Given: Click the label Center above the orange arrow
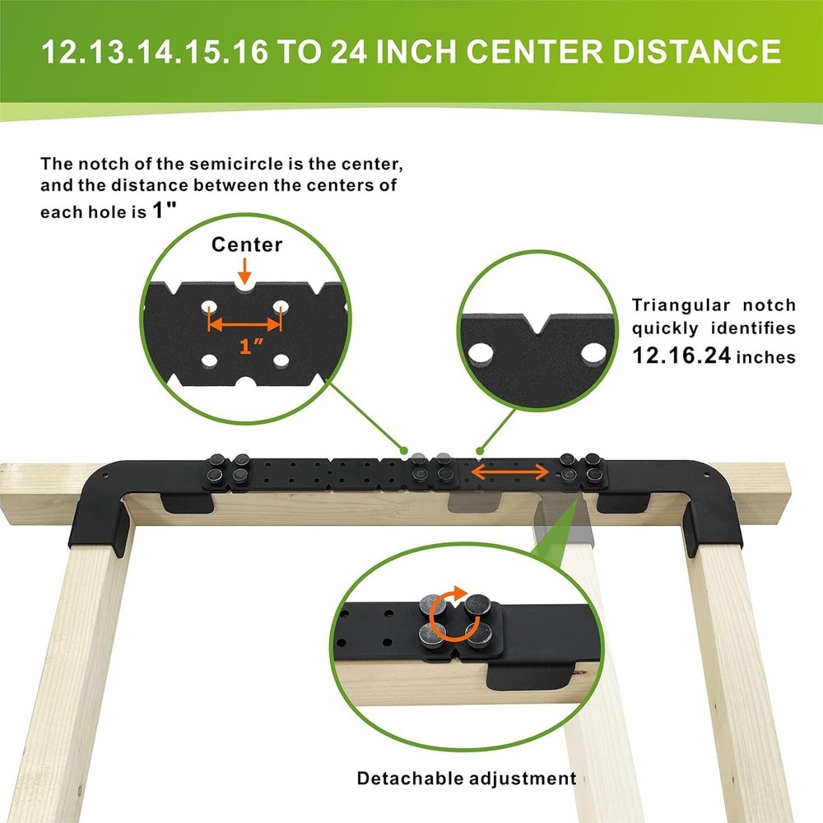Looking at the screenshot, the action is (x=247, y=244).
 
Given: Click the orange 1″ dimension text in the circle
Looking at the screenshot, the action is (x=251, y=346).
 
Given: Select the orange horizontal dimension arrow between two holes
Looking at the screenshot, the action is (x=245, y=324).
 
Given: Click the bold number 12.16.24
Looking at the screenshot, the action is (x=681, y=356).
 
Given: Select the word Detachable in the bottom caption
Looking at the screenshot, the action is (x=410, y=778).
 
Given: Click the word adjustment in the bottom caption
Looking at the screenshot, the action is (x=523, y=779).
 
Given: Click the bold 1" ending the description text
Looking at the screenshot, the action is (x=164, y=211).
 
